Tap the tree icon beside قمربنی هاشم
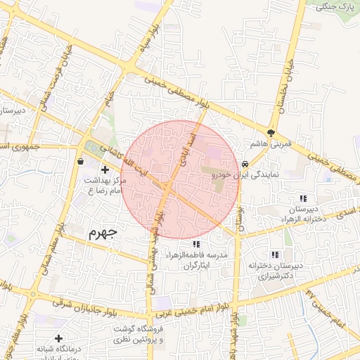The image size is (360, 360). point(271,133)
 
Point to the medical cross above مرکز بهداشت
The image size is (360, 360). point(105,169)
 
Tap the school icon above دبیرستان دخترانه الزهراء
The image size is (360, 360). point(303,199)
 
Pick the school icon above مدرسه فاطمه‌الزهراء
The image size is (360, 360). point(186,244)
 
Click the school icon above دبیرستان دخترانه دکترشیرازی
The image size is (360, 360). point(276,255)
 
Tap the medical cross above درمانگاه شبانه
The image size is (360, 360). point(58,339)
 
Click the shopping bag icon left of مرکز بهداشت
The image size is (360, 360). point(79,162)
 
